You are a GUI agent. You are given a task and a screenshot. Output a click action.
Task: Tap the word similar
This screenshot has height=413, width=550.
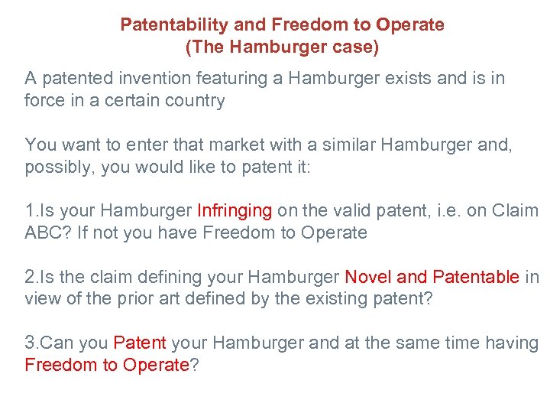click(305, 145)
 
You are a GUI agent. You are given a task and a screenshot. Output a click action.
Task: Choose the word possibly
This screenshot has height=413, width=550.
click(59, 167)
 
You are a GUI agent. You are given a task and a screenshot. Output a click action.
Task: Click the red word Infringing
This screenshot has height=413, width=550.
click(235, 210)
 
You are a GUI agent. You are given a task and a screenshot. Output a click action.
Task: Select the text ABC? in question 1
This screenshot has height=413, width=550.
click(47, 233)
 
